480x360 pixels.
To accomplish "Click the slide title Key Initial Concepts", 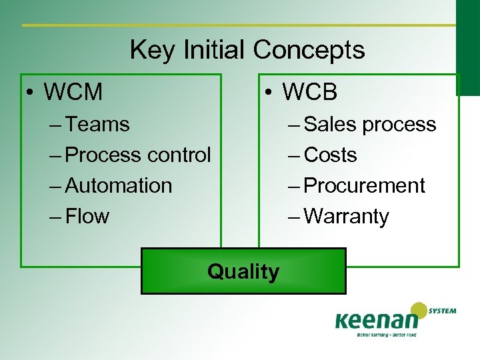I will (x=247, y=50).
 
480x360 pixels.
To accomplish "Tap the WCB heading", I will (x=309, y=92).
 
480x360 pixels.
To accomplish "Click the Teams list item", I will (x=98, y=124).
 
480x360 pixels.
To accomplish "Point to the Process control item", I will (x=138, y=155).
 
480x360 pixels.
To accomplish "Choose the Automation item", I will (x=119, y=185).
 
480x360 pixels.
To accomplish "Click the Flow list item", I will (x=87, y=216).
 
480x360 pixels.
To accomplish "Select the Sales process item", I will (x=370, y=124).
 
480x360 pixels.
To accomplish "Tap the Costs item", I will (x=330, y=155).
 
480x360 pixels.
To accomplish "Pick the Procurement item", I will (x=364, y=185).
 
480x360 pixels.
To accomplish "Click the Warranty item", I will (x=346, y=216).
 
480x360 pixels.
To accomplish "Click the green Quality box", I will (x=243, y=271).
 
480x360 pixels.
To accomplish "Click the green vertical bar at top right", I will (x=467, y=37).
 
